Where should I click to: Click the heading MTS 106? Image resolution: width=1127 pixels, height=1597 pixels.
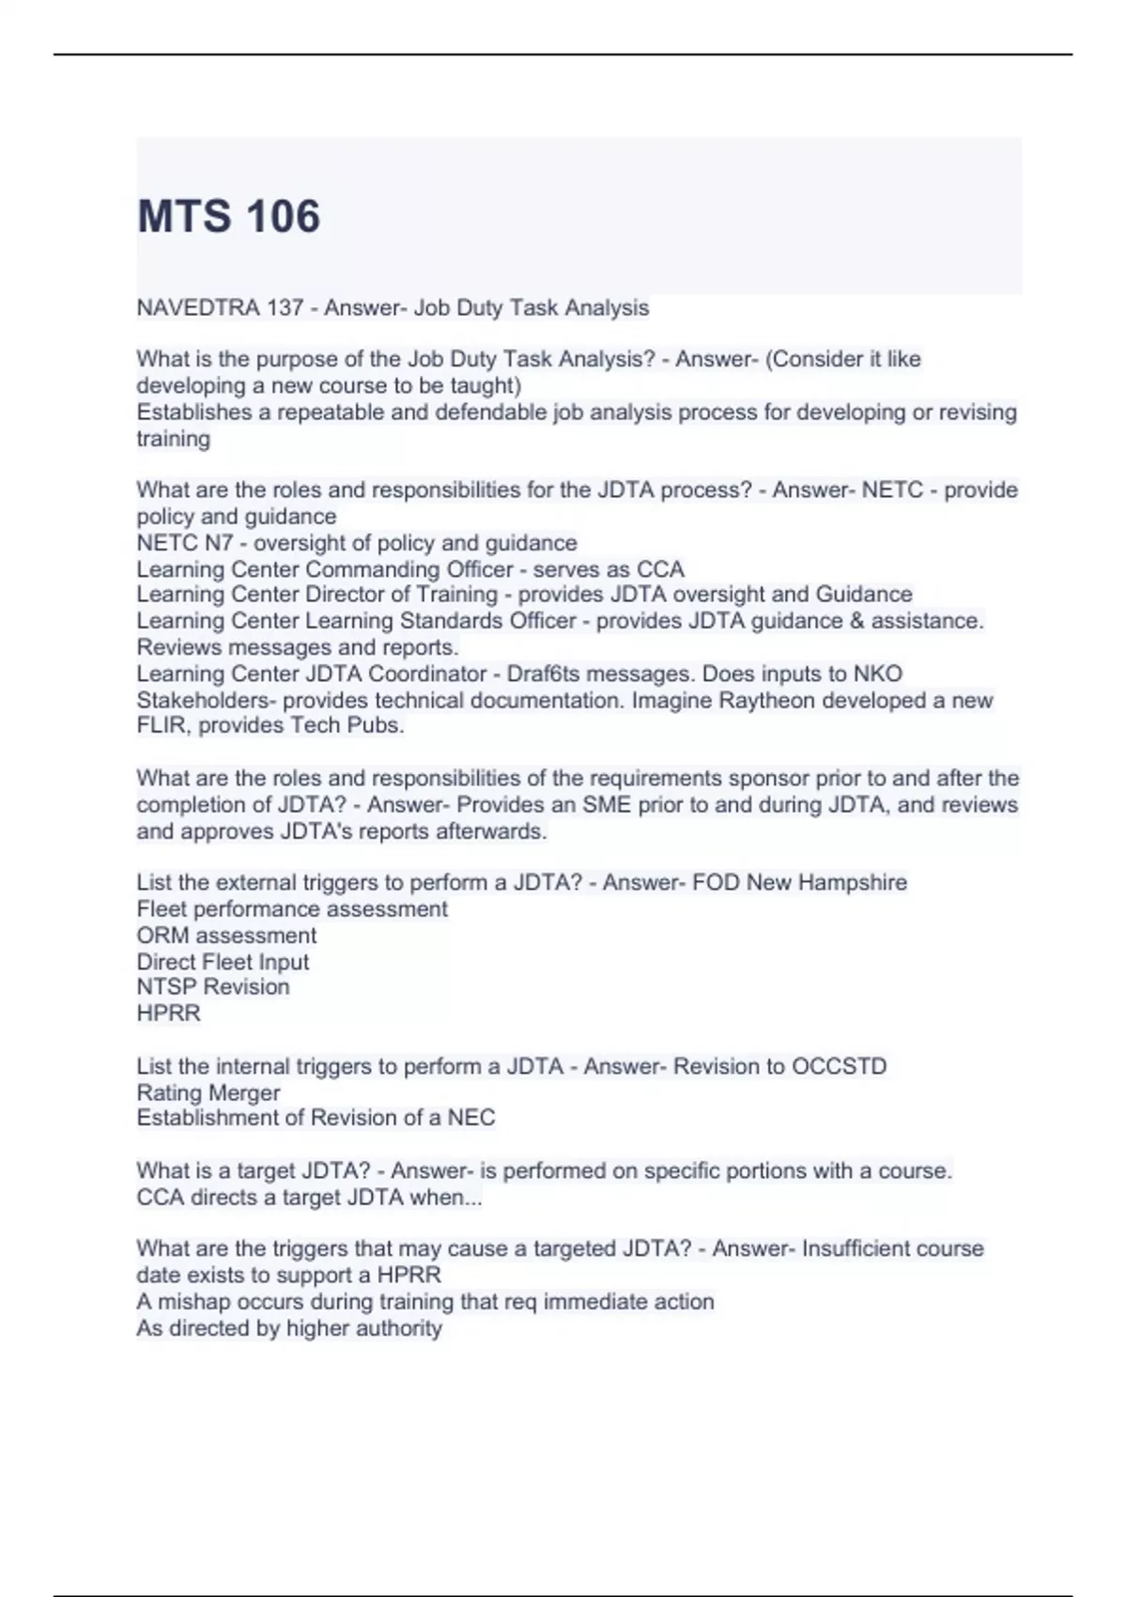[228, 216]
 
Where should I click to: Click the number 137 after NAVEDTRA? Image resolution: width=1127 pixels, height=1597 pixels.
[284, 308]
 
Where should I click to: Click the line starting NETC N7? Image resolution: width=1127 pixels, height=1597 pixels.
[357, 543]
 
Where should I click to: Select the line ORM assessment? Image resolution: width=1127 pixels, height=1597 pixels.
[226, 936]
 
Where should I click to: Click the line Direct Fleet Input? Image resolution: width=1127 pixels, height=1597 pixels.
[223, 962]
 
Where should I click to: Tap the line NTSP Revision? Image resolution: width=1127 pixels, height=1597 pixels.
[213, 987]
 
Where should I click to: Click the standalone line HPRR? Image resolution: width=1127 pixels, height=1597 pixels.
[169, 1014]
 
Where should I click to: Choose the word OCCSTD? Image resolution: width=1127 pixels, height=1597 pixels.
[839, 1067]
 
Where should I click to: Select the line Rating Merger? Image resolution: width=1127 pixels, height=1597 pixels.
[208, 1093]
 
